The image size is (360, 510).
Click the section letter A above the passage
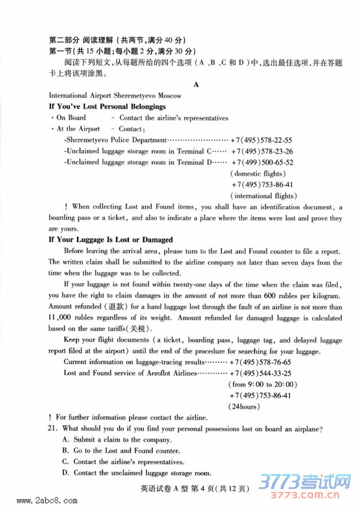click(196, 85)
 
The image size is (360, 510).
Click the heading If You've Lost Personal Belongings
click(107, 106)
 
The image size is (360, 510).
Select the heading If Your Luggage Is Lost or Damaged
click(110, 239)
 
